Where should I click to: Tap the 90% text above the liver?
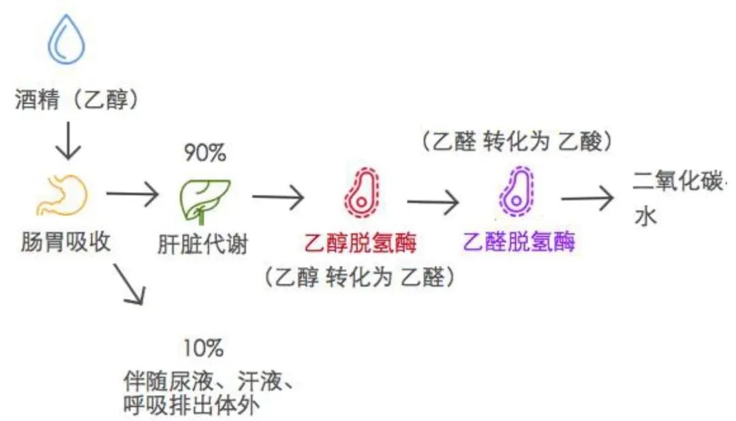(204, 154)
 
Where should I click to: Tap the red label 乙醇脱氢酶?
(360, 242)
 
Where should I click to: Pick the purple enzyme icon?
(516, 191)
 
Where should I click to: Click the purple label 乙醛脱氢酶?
(519, 242)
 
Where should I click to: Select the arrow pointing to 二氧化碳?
(587, 198)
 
